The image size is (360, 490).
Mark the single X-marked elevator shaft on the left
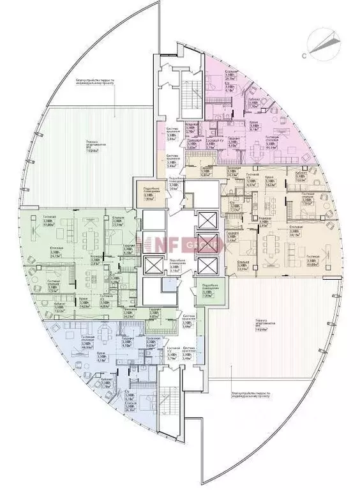coord(153,265)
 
